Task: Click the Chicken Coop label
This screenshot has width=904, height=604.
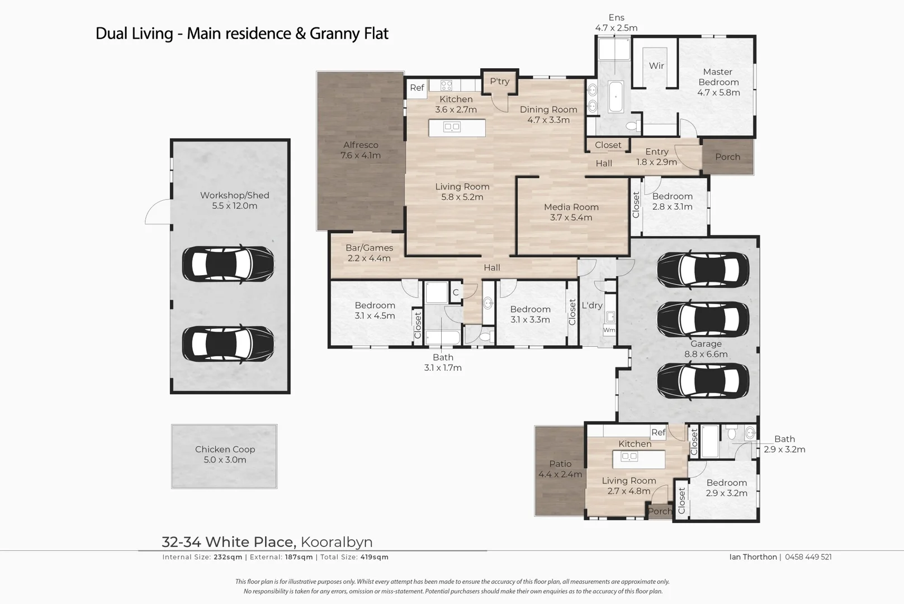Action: [225, 449]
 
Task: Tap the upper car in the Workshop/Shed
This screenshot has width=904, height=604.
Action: [228, 264]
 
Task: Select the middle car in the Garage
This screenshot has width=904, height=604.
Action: [703, 319]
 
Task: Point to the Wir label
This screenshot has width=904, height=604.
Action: [656, 65]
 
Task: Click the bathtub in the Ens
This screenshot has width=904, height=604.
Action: [616, 98]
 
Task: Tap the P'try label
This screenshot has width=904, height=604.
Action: [499, 81]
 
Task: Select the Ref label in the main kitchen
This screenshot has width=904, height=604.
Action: [417, 88]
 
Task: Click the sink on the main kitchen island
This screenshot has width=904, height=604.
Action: [452, 128]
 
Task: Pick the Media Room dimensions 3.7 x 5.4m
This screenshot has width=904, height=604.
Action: [571, 218]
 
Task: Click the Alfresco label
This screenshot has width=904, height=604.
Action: [361, 145]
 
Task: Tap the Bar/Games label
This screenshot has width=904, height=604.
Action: [369, 248]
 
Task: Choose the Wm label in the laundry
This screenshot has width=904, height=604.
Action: [609, 330]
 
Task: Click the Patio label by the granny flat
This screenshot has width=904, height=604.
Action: [560, 464]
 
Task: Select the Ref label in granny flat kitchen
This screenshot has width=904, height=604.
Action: [658, 432]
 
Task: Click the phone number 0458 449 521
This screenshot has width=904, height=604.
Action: [808, 557]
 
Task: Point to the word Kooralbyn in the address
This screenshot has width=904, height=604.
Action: [337, 542]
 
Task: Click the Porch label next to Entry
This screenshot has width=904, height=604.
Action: [727, 157]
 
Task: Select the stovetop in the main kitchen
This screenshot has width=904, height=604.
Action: [446, 86]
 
